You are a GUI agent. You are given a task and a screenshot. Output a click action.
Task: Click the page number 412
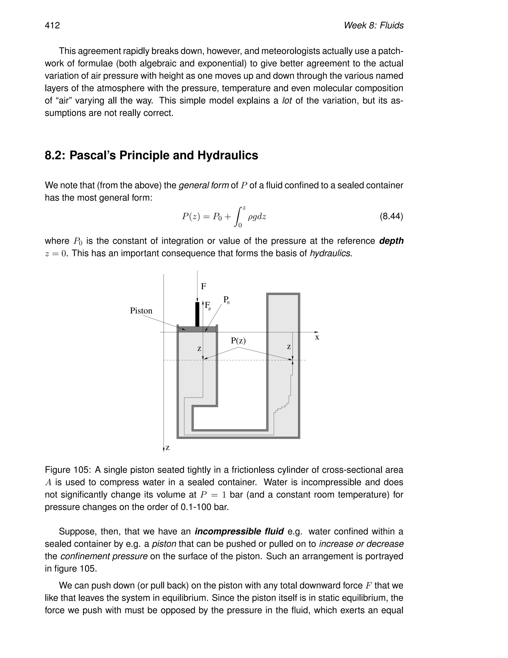click(52, 25)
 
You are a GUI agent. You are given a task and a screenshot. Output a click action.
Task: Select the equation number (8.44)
click(391, 216)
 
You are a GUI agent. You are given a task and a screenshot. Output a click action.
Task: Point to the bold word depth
click(391, 241)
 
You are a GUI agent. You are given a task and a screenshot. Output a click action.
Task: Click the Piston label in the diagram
click(141, 311)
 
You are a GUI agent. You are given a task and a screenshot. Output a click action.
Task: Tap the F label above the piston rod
click(203, 286)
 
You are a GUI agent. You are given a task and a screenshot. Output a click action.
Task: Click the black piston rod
click(197, 314)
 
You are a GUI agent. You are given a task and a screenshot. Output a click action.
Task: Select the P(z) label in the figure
click(238, 341)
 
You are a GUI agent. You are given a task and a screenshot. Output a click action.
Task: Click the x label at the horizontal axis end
click(317, 338)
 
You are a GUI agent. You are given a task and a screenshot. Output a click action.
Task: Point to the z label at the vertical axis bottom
click(168, 448)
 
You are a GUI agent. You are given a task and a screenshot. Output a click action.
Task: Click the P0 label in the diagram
click(226, 300)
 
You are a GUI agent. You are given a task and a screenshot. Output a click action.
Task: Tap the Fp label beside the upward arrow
click(208, 306)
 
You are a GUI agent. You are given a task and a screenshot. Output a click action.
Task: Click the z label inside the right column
click(289, 347)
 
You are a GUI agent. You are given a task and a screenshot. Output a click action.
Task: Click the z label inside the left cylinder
click(199, 349)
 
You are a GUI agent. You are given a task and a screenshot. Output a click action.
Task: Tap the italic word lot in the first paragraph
click(287, 101)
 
